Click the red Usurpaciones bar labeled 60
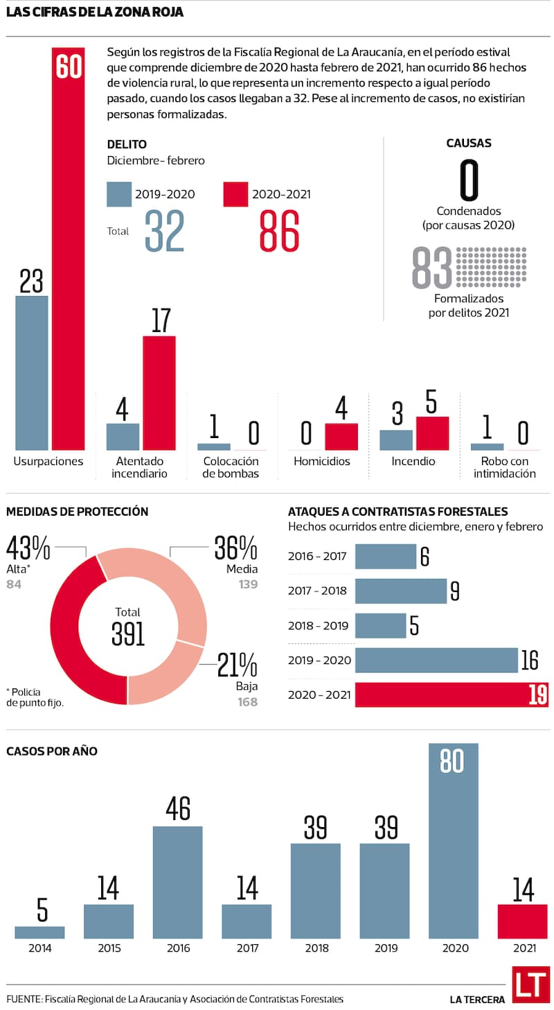click(69, 250)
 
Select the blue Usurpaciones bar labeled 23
click(32, 373)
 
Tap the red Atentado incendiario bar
click(159, 392)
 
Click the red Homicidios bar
click(341, 437)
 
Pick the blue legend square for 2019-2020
click(119, 194)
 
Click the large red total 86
click(279, 232)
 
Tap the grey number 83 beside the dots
click(431, 268)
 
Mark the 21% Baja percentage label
click(237, 666)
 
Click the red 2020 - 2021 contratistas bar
click(452, 695)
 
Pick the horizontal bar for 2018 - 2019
click(380, 626)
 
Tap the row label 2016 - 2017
click(317, 557)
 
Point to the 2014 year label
click(39, 948)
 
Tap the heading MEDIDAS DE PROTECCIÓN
click(77, 512)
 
